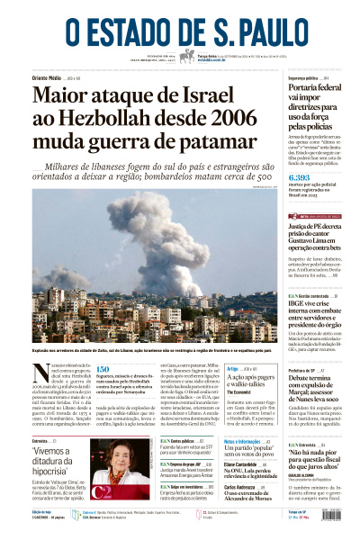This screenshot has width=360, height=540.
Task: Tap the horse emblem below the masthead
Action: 187,56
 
